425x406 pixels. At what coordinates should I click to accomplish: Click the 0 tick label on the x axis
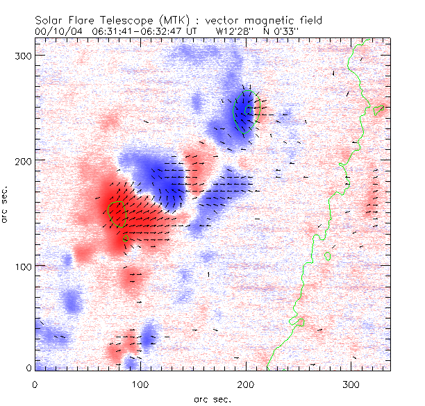point(35,383)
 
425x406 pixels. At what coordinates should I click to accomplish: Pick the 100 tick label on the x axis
point(140,383)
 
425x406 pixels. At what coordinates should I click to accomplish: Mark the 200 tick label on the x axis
point(246,383)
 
